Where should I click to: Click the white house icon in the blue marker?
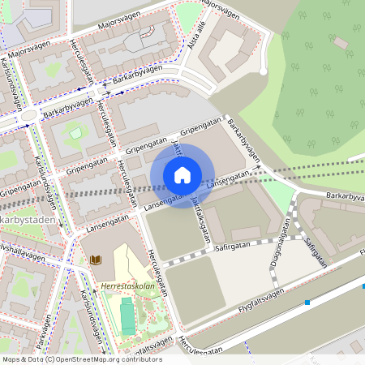(182, 174)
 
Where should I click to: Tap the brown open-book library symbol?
(97, 260)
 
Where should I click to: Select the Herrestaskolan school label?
(127, 286)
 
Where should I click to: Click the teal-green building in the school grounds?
(128, 316)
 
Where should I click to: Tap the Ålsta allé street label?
(195, 34)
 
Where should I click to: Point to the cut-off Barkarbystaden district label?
(24, 219)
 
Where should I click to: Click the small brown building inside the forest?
(340, 42)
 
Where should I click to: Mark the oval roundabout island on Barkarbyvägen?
(29, 115)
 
